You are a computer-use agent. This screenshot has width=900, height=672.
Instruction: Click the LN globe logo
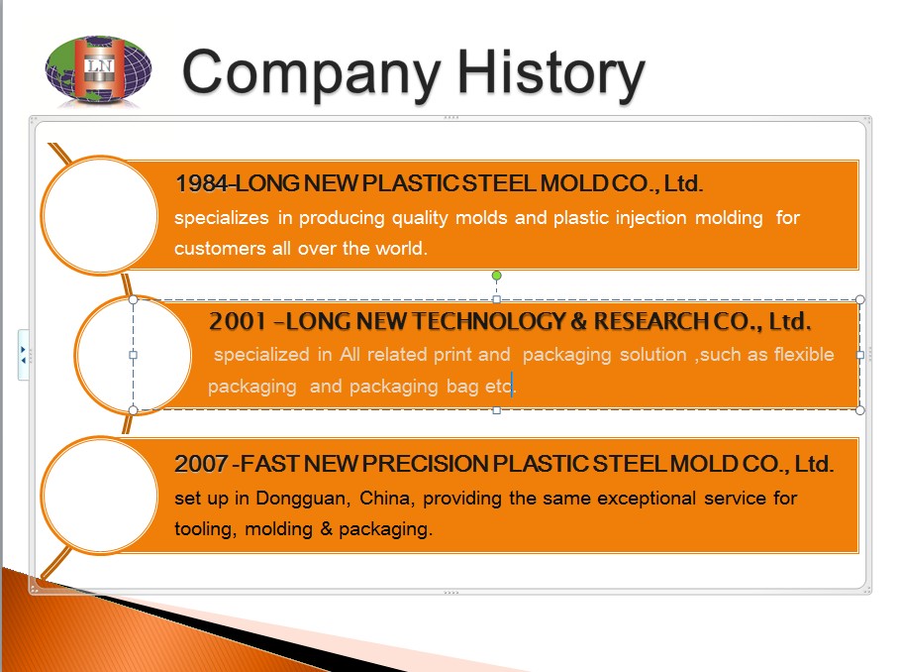pyautogui.click(x=98, y=70)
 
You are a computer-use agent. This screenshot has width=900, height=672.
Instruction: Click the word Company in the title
pyautogui.click(x=311, y=73)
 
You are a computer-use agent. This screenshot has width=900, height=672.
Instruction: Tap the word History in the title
pyautogui.click(x=551, y=73)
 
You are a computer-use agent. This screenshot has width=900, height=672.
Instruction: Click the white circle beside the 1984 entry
pyautogui.click(x=100, y=215)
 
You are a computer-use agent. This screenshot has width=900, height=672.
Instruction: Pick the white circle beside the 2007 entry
pyautogui.click(x=100, y=496)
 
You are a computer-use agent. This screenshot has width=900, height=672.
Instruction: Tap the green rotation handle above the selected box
pyautogui.click(x=496, y=276)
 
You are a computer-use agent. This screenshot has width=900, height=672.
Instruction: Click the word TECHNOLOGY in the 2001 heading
pyautogui.click(x=489, y=322)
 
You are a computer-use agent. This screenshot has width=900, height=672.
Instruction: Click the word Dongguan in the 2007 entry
pyautogui.click(x=303, y=499)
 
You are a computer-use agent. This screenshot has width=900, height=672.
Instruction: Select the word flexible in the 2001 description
pyautogui.click(x=804, y=355)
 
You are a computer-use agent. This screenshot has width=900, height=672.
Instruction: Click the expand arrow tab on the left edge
pyautogui.click(x=23, y=355)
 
